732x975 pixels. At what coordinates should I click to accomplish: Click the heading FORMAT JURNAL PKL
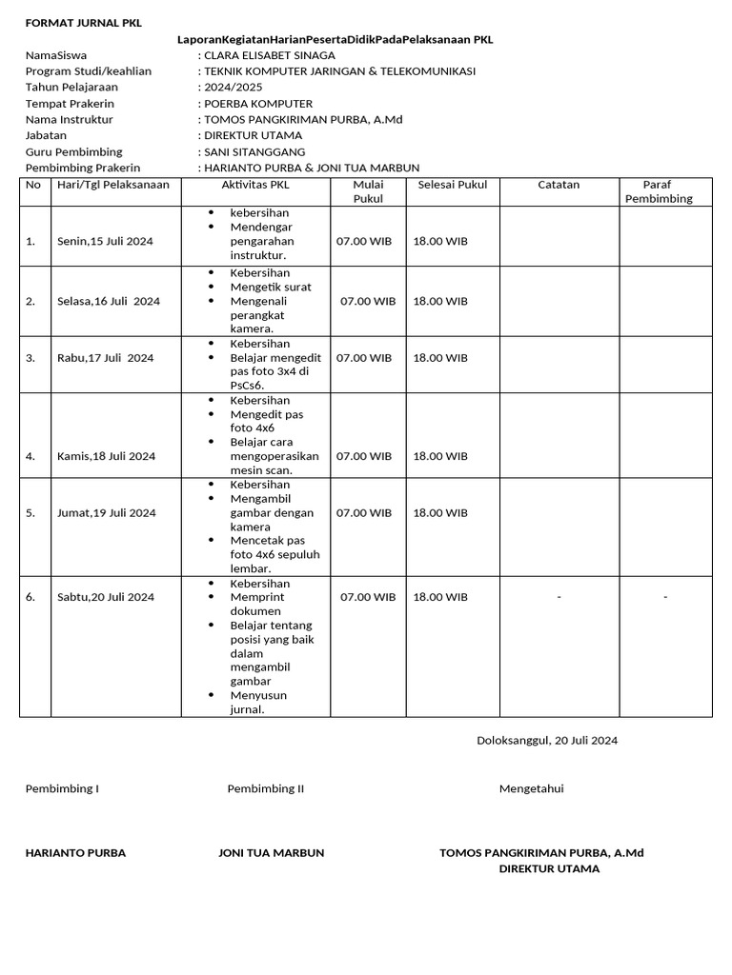[83, 24]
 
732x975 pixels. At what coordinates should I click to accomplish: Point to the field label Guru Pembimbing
[73, 152]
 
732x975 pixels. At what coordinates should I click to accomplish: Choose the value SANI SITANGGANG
[254, 152]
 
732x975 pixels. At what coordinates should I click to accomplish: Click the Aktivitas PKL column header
[254, 185]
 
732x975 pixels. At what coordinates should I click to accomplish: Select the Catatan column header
[559, 185]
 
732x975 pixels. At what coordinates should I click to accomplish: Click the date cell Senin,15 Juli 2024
[105, 242]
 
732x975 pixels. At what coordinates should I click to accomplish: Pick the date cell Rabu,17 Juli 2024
[105, 358]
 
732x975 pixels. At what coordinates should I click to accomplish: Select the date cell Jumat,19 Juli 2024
[106, 513]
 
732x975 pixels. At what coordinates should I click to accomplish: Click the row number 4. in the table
[31, 456]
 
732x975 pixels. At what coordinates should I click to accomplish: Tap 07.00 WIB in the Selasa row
[368, 302]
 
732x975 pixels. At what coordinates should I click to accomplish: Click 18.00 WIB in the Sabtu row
[440, 598]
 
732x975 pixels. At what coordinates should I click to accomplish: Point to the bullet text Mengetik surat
[271, 287]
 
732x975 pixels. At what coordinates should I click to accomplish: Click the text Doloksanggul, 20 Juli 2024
[547, 741]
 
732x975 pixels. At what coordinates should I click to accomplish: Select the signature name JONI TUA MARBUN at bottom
[272, 853]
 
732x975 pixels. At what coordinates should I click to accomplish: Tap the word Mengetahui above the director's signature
[532, 789]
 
